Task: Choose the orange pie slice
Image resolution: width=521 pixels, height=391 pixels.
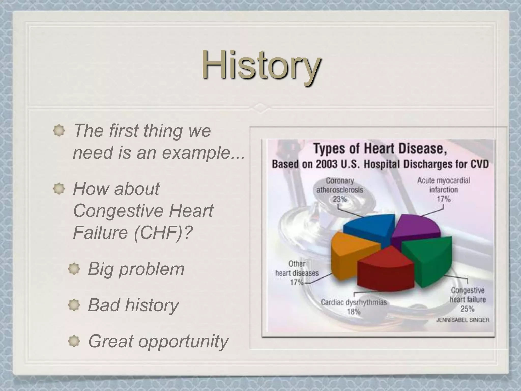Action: pyautogui.click(x=351, y=252)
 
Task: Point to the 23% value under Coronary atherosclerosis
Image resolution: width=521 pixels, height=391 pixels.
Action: pyautogui.click(x=340, y=199)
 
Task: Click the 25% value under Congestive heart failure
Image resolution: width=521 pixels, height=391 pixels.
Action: pyautogui.click(x=467, y=309)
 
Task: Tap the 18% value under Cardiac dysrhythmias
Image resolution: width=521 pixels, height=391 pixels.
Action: pyautogui.click(x=354, y=312)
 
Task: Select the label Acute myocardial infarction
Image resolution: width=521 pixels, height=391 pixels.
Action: pyautogui.click(x=443, y=185)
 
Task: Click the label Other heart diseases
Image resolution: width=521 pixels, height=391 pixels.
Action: pyautogui.click(x=297, y=268)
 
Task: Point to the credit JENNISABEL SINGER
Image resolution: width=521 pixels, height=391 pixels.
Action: pyautogui.click(x=463, y=320)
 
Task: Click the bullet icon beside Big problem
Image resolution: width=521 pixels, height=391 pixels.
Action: pyautogui.click(x=74, y=269)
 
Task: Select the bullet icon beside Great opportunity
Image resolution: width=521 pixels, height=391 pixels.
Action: pyautogui.click(x=74, y=341)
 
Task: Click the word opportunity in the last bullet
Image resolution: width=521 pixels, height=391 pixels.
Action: pyautogui.click(x=183, y=342)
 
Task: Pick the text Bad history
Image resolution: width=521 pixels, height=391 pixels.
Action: pyautogui.click(x=133, y=305)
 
